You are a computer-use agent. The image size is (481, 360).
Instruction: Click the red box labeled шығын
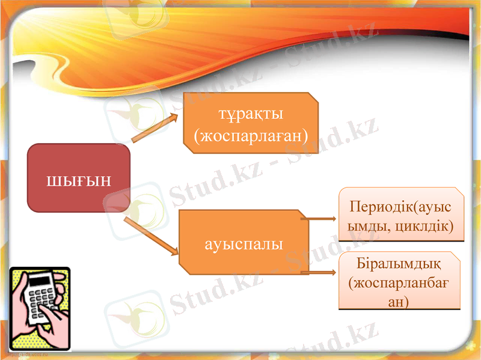point(79,178)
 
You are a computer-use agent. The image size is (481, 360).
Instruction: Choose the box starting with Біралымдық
point(400,281)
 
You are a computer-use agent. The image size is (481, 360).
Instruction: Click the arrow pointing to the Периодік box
point(319,219)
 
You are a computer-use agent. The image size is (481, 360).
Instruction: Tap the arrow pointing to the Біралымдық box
point(319,273)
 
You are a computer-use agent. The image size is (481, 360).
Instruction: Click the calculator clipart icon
point(40,309)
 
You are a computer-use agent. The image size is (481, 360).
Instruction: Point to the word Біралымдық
point(400,264)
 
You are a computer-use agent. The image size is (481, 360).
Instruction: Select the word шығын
point(79,179)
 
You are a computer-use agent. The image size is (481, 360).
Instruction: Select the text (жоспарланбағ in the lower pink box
point(400,282)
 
